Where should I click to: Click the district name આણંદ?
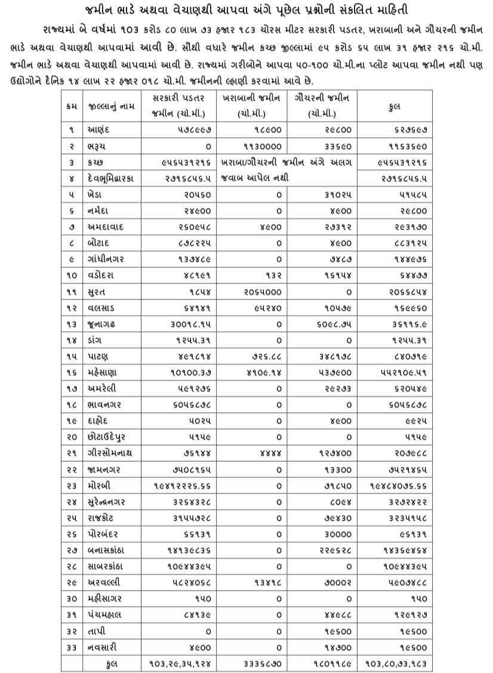point(98,129)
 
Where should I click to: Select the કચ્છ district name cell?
point(95,162)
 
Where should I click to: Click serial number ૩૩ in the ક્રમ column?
point(71,647)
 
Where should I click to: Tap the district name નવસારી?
point(102,647)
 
